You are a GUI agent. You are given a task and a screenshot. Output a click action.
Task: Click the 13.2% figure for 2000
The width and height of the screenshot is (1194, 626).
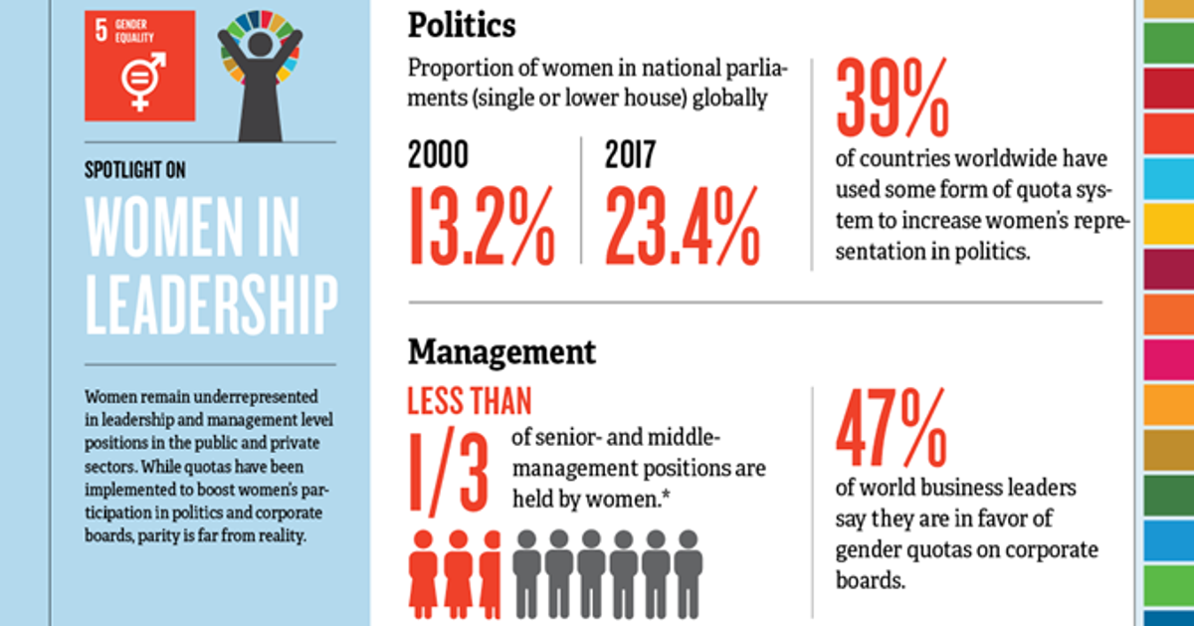point(480,227)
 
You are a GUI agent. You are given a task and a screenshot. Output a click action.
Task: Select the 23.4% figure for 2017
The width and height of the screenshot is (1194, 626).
point(682,227)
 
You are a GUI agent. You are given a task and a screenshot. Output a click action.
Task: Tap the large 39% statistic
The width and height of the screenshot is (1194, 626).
point(893,98)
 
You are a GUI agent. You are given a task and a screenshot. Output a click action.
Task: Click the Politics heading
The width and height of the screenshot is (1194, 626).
point(463,24)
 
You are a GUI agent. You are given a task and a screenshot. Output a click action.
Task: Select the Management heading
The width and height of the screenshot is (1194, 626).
point(501,351)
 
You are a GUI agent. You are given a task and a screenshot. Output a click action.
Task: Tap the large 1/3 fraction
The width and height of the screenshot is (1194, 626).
point(448,469)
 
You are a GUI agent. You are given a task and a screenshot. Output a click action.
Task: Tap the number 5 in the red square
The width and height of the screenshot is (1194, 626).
point(100,29)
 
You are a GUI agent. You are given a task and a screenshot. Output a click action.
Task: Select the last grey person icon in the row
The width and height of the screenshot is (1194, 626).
point(688,572)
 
